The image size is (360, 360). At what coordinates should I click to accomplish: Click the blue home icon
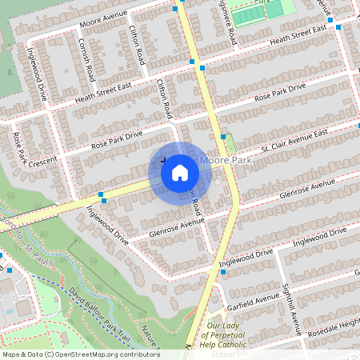pyautogui.click(x=179, y=172)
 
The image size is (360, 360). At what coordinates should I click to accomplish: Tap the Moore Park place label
pyautogui.click(x=226, y=161)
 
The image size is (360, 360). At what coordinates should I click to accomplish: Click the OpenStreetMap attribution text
pyautogui.click(x=80, y=354)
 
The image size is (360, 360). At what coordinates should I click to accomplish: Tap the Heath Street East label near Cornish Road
pyautogui.click(x=102, y=94)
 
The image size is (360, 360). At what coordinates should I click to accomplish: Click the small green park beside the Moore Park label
pyautogui.click(x=230, y=144)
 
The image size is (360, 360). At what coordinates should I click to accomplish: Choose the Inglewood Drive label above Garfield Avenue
pyautogui.click(x=248, y=256)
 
